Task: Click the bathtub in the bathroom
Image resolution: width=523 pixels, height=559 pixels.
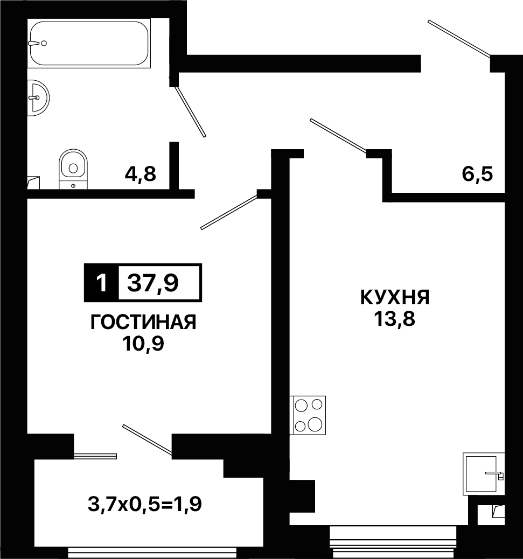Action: point(89,43)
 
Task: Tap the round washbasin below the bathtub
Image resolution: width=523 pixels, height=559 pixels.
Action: point(38,97)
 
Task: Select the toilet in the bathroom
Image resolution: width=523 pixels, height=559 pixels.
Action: point(73,169)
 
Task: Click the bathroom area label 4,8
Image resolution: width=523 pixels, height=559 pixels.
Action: point(141,174)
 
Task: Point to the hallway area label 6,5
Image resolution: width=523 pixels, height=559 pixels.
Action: point(477,174)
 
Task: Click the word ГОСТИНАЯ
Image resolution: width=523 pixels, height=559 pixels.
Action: point(143,323)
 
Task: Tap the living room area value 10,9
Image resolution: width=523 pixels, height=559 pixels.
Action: point(143,344)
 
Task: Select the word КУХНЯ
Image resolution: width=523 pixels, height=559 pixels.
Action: point(395,297)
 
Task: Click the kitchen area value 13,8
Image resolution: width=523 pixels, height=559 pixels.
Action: point(395,319)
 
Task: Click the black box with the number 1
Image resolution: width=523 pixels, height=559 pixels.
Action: point(102,283)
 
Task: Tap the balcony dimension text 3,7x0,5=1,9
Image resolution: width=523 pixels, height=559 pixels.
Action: point(145,504)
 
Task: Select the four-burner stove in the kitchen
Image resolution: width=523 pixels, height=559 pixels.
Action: point(308,415)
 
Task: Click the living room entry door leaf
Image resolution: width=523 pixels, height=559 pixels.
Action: point(229,212)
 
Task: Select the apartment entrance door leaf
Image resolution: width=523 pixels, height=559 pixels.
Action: point(459,38)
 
